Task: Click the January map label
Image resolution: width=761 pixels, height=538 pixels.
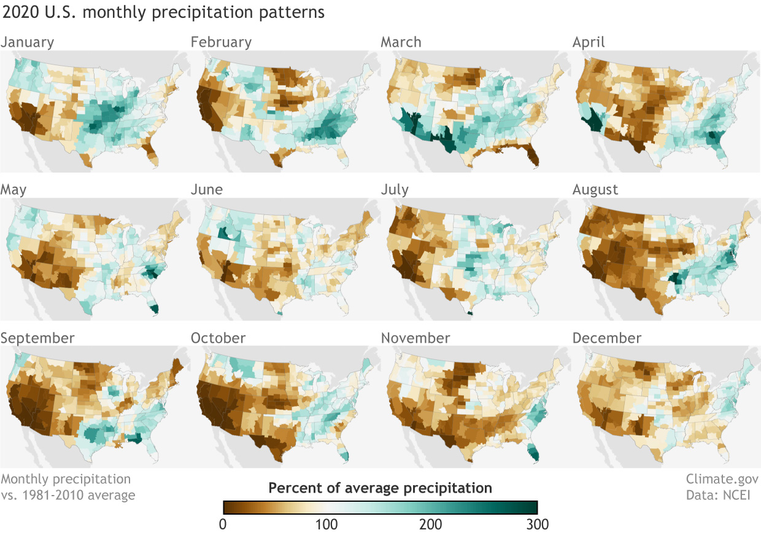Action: (x=27, y=42)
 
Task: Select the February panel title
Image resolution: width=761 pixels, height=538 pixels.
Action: (x=221, y=42)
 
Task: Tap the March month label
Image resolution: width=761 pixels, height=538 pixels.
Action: (x=401, y=42)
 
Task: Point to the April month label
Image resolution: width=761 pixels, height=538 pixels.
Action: (x=589, y=42)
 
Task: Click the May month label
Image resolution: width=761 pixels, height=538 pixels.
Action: (x=14, y=190)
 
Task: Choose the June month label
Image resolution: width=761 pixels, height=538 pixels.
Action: (x=206, y=190)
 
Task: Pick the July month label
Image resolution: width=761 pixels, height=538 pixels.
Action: (x=395, y=190)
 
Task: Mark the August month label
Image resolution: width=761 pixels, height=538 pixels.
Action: (x=595, y=190)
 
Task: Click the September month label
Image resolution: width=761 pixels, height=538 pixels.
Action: (x=37, y=338)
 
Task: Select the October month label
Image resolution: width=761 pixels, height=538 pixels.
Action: (x=218, y=338)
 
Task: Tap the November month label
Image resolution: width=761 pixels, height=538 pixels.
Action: (x=415, y=338)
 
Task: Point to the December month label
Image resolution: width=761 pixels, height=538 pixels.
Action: (x=606, y=338)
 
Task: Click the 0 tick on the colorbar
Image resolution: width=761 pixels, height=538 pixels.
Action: (x=223, y=524)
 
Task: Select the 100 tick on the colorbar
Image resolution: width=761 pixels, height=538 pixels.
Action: (x=326, y=524)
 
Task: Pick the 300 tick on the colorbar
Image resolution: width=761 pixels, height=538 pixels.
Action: (x=535, y=524)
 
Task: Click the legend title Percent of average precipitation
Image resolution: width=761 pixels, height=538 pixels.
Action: (x=380, y=489)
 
